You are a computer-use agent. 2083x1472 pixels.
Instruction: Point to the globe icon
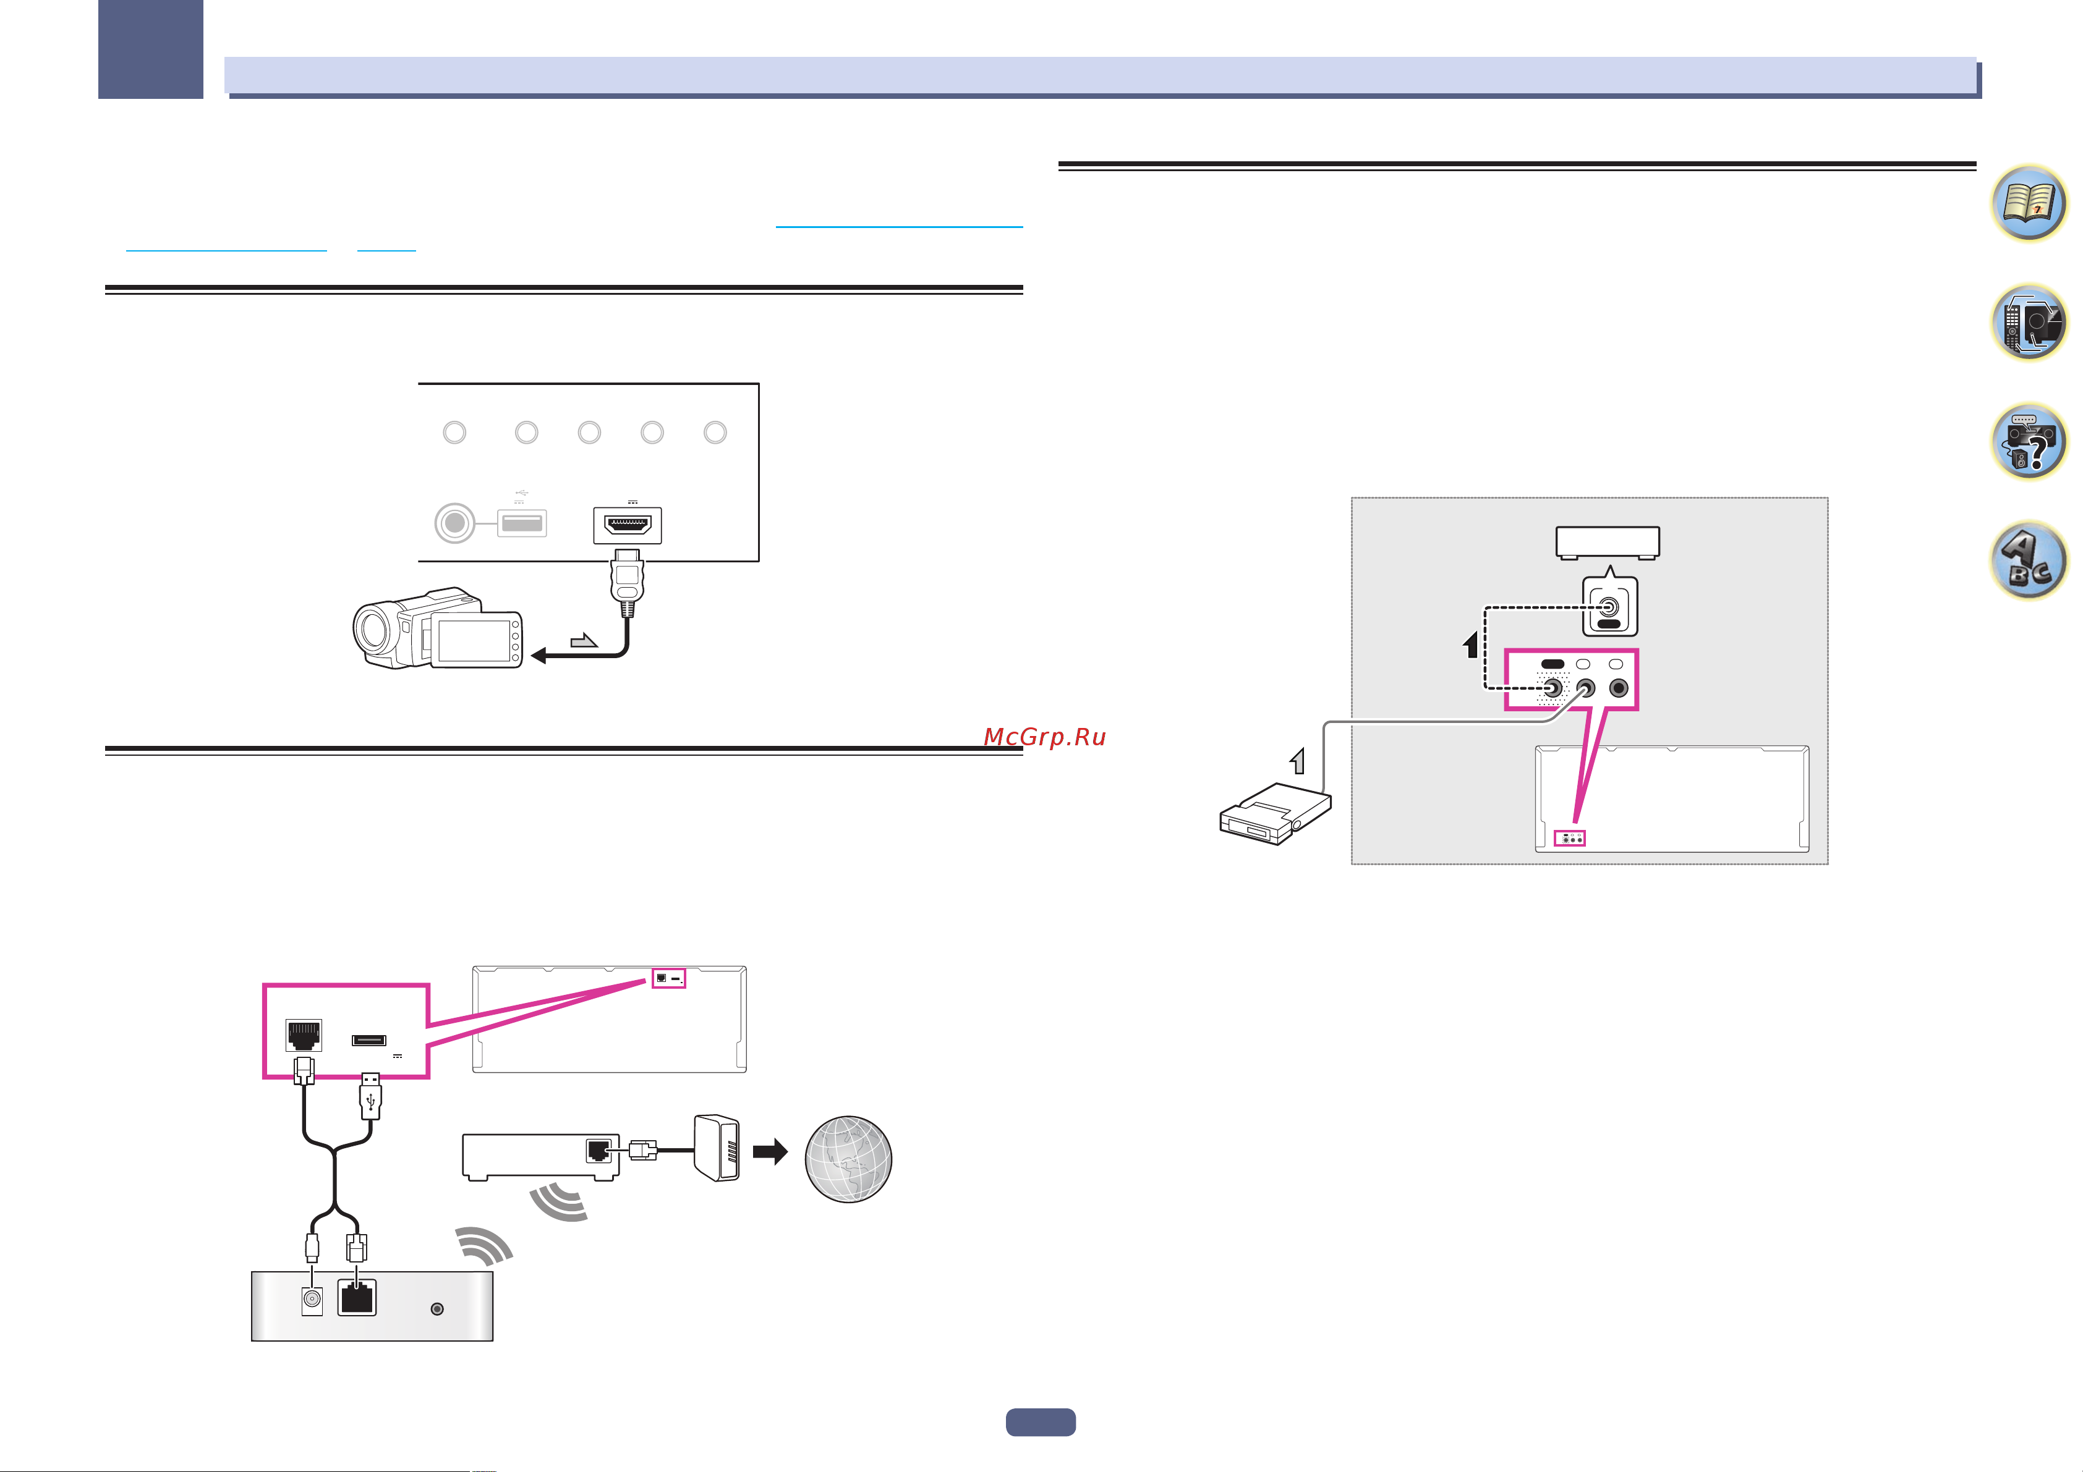pyautogui.click(x=848, y=1159)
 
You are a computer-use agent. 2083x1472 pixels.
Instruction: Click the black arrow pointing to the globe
pyautogui.click(x=770, y=1152)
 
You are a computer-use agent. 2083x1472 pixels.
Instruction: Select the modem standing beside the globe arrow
pyautogui.click(x=717, y=1148)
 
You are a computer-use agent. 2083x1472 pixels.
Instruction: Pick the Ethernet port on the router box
pyautogui.click(x=598, y=1151)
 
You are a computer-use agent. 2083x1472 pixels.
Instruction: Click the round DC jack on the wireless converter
pyautogui.click(x=312, y=1299)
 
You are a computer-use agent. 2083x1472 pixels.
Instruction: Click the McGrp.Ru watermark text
pyautogui.click(x=1045, y=737)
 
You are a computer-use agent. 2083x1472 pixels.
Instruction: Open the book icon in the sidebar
pyautogui.click(x=2029, y=203)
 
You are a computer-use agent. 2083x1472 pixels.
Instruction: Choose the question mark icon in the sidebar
pyautogui.click(x=2029, y=442)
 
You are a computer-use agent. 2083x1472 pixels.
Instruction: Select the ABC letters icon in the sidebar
pyautogui.click(x=2029, y=560)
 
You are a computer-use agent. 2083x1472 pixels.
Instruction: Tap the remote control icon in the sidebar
pyautogui.click(x=2029, y=322)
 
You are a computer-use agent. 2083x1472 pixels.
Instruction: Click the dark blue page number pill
pyautogui.click(x=1041, y=1422)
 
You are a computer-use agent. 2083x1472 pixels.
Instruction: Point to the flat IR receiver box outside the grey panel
pyautogui.click(x=1275, y=813)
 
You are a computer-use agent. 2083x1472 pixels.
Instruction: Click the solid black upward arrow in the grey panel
pyautogui.click(x=1472, y=644)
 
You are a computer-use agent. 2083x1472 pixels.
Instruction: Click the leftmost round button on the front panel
pyautogui.click(x=454, y=433)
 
